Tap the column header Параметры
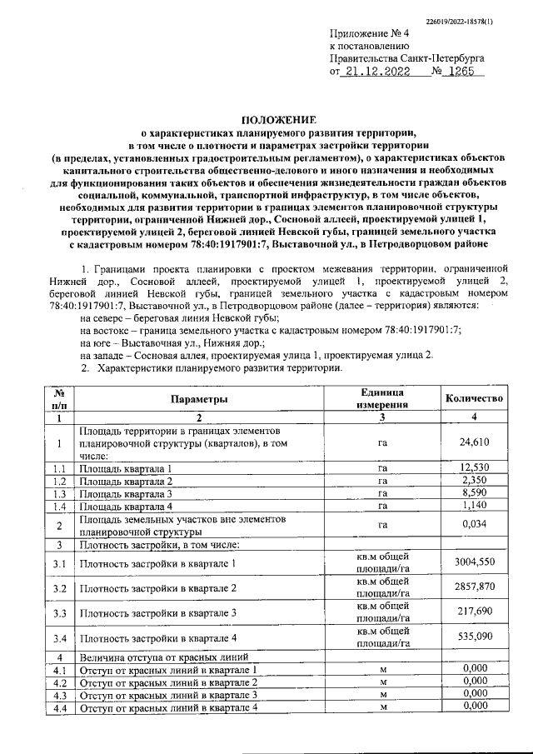[x=199, y=400]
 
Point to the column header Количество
[x=473, y=400]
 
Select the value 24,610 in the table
[x=473, y=443]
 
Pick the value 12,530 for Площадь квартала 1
[x=473, y=469]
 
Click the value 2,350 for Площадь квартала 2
[x=473, y=482]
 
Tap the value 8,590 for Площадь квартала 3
[x=473, y=494]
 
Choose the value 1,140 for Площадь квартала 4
[x=473, y=507]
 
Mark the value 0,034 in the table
[x=473, y=525]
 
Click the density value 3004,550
[x=473, y=563]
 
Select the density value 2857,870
[x=473, y=588]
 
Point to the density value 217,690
[x=473, y=613]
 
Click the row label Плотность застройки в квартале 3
[x=158, y=614]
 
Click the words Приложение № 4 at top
[x=366, y=34]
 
